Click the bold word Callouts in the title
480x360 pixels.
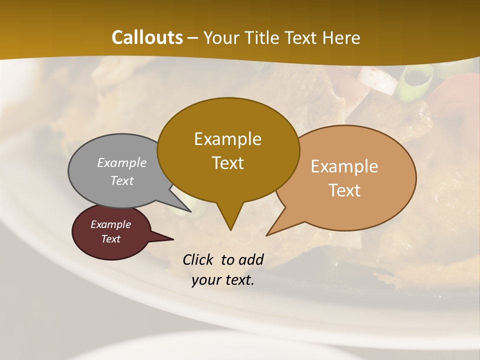(147, 38)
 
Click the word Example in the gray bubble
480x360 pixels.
(122, 163)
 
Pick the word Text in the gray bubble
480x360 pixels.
(122, 181)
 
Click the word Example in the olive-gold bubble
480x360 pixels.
(227, 139)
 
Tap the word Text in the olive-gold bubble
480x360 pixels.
(228, 163)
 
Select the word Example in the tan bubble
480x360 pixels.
(344, 166)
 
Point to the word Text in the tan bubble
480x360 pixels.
(345, 190)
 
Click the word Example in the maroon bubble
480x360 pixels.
(110, 224)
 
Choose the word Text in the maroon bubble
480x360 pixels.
(110, 239)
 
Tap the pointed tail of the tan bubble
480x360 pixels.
(272, 231)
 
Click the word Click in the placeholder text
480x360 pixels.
(199, 259)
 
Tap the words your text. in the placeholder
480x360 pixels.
(223, 280)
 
